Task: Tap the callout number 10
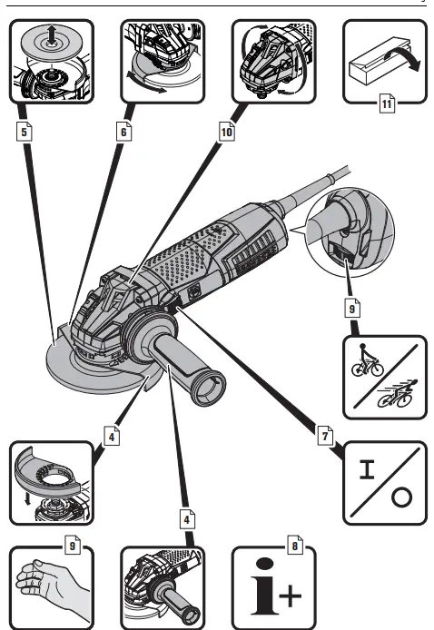[x=225, y=131]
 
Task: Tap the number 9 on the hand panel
[x=74, y=546]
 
